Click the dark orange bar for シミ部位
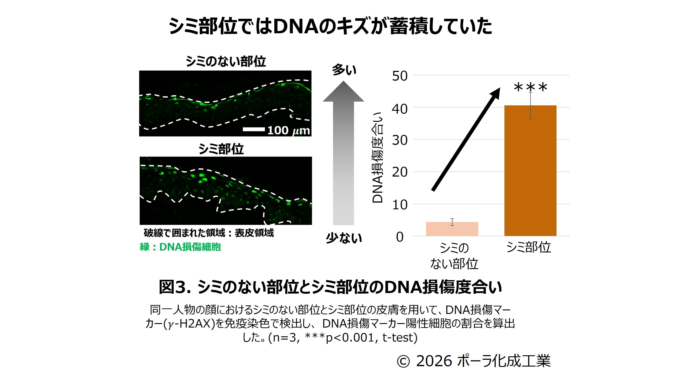tap(530, 171)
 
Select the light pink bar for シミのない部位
tap(452, 229)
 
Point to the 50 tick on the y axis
tap(400, 76)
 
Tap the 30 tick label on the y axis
tap(400, 140)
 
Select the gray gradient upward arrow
tap(343, 153)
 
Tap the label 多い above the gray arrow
tap(344, 70)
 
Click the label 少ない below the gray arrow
tap(344, 238)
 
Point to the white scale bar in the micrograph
tap(254, 130)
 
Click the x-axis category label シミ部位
tap(529, 247)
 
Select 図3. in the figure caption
tap(175, 287)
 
